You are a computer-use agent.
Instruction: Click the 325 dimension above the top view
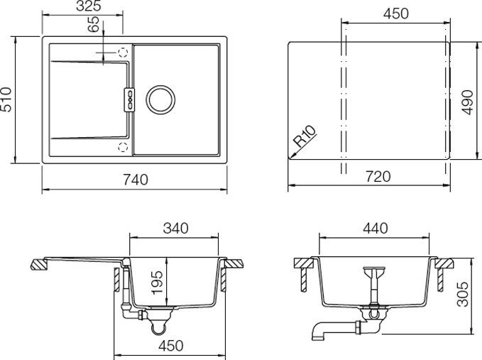[88, 6]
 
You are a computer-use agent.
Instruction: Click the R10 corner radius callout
[306, 135]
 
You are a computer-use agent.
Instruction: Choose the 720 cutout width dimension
[378, 178]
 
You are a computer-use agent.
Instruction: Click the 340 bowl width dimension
[175, 229]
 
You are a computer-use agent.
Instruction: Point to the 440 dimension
[374, 229]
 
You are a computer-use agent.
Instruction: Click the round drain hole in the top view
[160, 99]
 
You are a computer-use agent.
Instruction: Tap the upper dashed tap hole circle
[123, 52]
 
